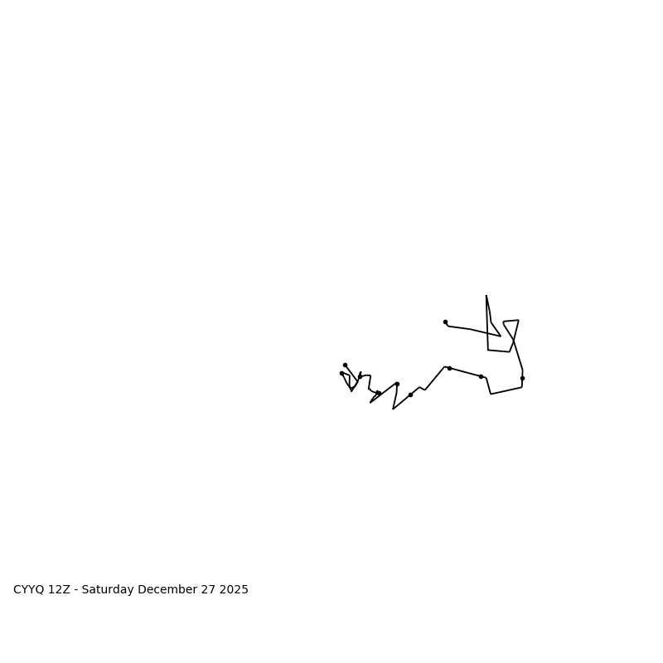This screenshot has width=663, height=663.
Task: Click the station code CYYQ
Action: tap(29, 590)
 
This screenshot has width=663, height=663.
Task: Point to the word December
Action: tap(167, 590)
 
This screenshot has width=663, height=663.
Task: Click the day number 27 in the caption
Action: tap(207, 590)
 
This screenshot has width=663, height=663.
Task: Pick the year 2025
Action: tap(234, 590)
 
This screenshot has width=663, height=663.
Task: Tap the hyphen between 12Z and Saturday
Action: tap(75, 590)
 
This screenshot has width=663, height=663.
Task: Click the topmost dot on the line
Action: tap(445, 322)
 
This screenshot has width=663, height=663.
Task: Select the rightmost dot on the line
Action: tap(522, 378)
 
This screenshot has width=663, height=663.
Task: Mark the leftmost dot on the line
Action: tap(341, 373)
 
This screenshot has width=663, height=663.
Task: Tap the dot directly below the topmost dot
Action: tap(449, 368)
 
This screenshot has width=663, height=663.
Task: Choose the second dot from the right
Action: tap(481, 376)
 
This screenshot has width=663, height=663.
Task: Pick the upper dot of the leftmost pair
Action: tap(345, 365)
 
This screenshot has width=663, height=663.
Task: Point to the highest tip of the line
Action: tap(486, 295)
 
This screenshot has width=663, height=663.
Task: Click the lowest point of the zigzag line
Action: tap(393, 409)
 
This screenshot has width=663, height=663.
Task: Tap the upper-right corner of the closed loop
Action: tap(518, 320)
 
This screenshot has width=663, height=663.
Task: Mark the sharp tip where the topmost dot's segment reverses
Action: tap(501, 336)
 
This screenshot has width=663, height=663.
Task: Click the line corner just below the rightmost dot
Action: tap(521, 387)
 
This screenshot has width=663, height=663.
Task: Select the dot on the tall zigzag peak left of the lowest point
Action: tap(397, 384)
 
